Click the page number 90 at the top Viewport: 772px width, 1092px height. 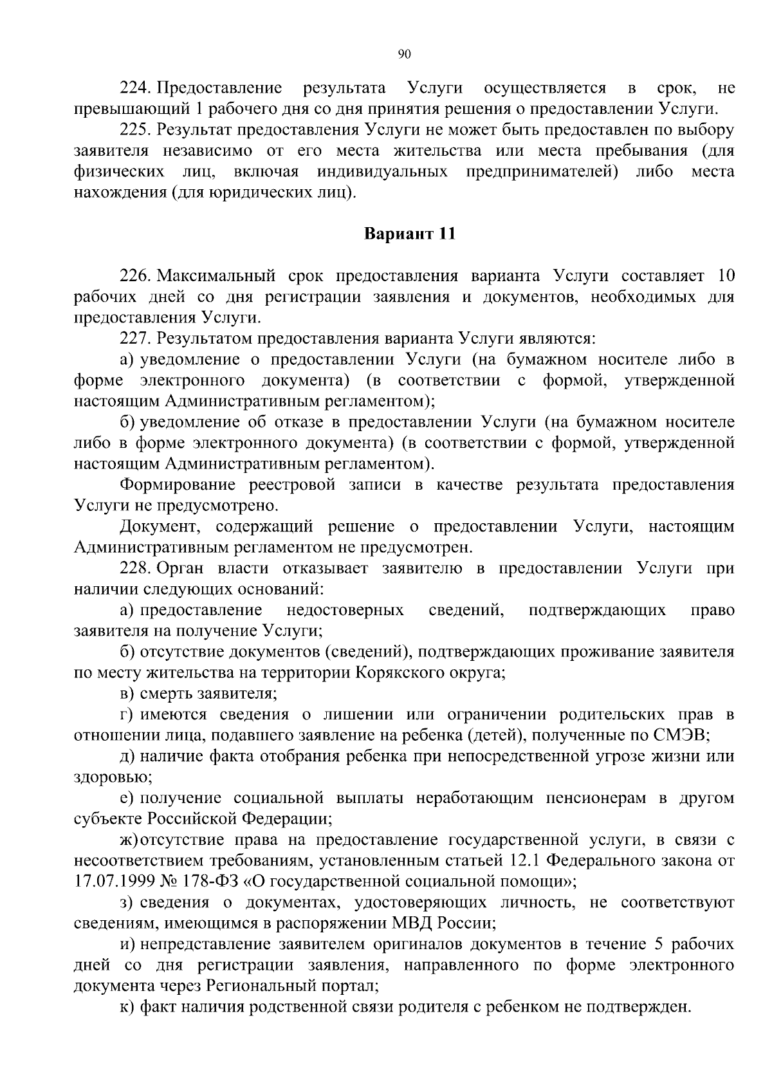[404, 55]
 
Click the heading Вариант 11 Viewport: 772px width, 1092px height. [410, 234]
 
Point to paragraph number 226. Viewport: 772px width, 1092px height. [134, 276]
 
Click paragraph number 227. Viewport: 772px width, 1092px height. [134, 338]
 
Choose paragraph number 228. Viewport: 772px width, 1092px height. [134, 568]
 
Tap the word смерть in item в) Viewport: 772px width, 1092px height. [169, 694]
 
